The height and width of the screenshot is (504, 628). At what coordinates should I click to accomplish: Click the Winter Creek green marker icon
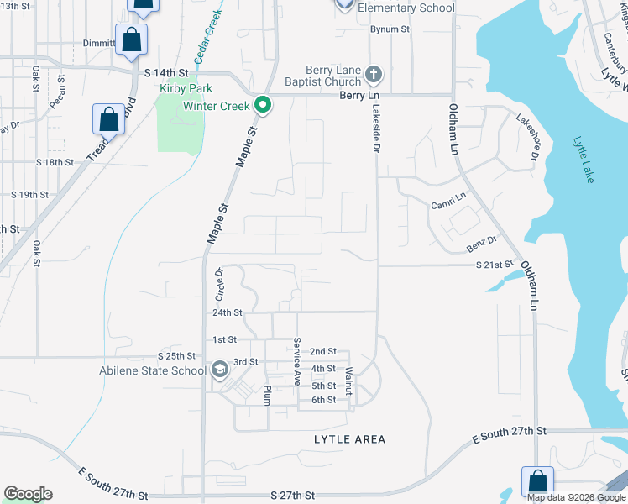tap(263, 106)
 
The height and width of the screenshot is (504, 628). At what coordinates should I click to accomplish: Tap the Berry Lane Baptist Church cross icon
tap(374, 76)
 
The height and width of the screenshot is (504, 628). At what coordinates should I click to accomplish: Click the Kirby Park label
tap(186, 88)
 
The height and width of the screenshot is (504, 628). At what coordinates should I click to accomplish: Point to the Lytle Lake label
tap(584, 160)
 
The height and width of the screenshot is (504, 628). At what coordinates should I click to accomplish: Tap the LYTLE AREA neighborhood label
tap(349, 439)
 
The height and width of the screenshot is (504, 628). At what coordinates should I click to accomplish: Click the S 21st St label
tap(494, 265)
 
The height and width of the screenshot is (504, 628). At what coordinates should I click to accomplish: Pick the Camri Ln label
tap(447, 201)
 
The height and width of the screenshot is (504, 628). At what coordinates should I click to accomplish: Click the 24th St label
tap(227, 312)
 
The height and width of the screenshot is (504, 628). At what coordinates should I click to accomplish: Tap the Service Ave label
tap(297, 361)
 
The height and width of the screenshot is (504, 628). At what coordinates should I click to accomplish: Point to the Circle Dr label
tap(220, 284)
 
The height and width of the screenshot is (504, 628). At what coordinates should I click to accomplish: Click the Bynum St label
tap(390, 29)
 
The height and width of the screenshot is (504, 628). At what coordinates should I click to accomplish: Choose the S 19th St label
tap(30, 194)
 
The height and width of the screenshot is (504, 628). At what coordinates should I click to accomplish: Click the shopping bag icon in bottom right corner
tap(537, 481)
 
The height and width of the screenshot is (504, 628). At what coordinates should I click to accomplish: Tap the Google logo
tap(28, 494)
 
